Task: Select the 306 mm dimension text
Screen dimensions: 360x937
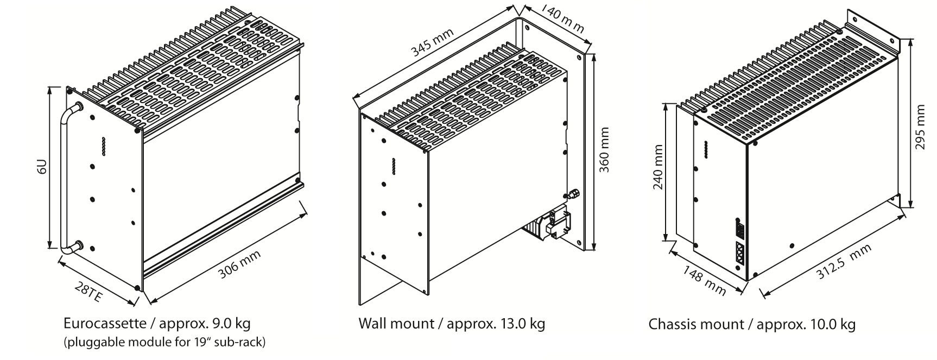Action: [x=239, y=264]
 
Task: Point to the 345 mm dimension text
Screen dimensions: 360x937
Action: [x=432, y=43]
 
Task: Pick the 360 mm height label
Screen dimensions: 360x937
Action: [x=605, y=150]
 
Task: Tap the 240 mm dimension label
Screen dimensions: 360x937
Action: [x=657, y=167]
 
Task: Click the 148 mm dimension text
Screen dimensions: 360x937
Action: [x=704, y=280]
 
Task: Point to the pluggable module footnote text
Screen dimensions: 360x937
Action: [x=164, y=342]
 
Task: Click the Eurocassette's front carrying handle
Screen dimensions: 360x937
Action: [x=63, y=179]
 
